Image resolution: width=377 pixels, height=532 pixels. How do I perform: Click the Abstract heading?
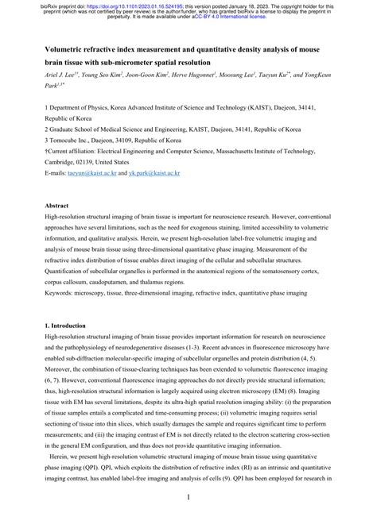[58, 205]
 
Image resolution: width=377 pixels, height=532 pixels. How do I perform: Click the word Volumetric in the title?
[68, 48]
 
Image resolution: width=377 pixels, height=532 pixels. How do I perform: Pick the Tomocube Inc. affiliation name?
[73, 138]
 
